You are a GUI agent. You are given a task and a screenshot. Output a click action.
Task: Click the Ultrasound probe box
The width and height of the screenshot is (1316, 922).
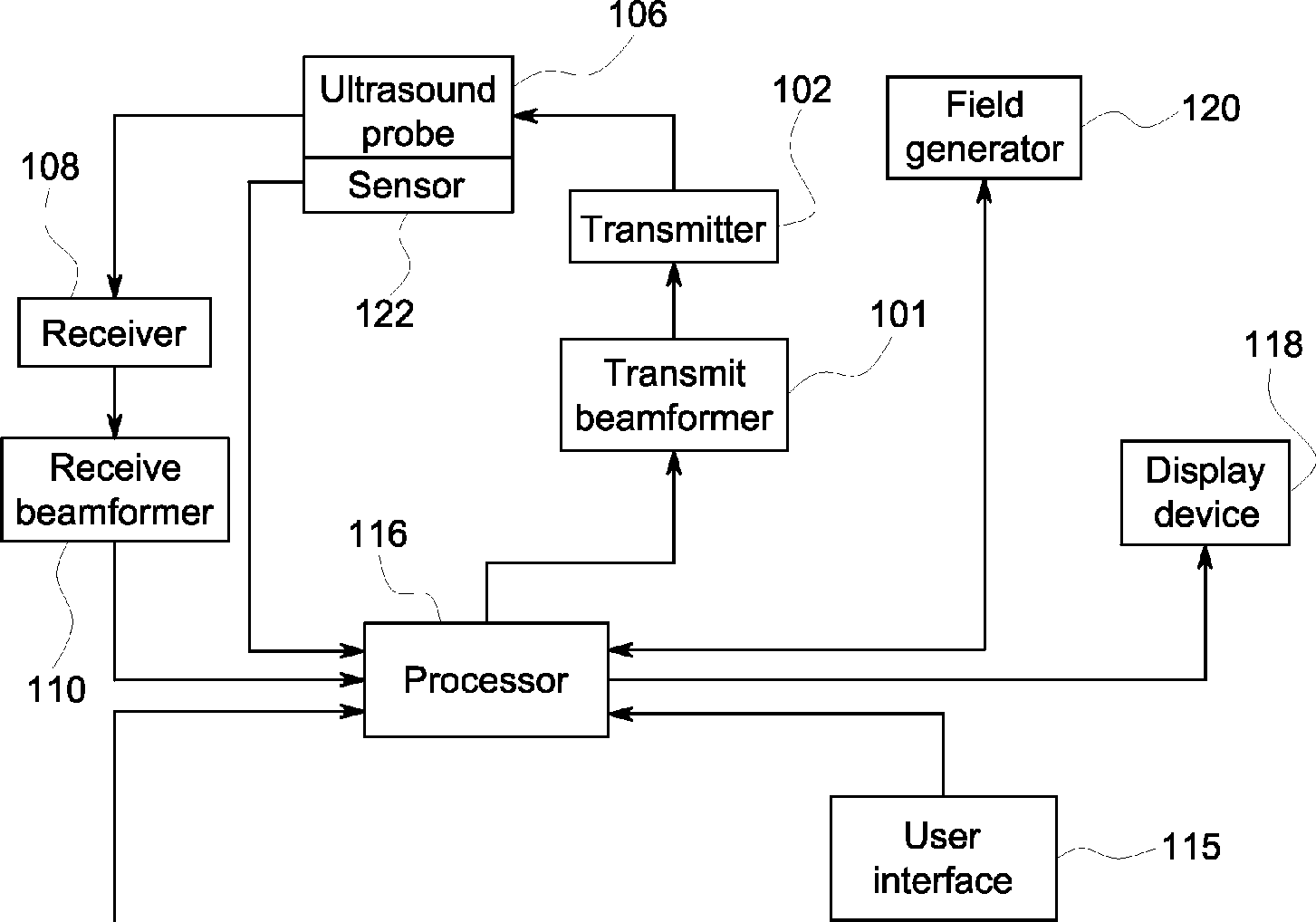tap(408, 107)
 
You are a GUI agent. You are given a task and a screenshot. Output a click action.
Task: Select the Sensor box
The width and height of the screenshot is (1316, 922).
tap(408, 185)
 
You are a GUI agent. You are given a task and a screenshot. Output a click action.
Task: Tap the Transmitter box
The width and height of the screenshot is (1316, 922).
tap(674, 226)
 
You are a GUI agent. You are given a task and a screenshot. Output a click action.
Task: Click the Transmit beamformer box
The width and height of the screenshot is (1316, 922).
tap(674, 395)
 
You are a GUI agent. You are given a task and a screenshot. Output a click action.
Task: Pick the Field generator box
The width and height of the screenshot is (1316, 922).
tap(985, 128)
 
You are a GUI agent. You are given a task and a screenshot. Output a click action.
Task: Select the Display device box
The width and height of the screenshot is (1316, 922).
tap(1205, 493)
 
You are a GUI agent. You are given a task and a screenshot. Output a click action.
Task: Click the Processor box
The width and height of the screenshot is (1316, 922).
tap(486, 680)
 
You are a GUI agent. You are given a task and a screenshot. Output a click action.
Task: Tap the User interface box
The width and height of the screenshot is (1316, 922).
tap(944, 858)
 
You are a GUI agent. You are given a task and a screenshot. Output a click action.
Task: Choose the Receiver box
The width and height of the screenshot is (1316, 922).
tap(114, 332)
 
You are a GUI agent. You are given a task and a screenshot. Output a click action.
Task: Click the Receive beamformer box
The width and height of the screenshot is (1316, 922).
tap(114, 489)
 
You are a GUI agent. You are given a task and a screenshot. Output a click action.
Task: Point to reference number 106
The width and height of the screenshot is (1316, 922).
tap(638, 14)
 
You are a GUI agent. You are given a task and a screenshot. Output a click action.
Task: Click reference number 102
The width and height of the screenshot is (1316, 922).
tap(802, 90)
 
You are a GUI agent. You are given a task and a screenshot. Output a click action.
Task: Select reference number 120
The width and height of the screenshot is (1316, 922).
tap(1211, 108)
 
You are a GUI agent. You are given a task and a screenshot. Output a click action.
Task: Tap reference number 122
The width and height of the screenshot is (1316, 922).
tap(385, 313)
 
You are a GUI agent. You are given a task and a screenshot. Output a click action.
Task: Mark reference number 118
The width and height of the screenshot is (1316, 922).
tap(1273, 344)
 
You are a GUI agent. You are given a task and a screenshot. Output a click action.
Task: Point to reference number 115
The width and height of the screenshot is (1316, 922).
tap(1191, 847)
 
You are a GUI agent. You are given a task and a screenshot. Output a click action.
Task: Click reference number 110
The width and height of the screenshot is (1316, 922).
tap(56, 689)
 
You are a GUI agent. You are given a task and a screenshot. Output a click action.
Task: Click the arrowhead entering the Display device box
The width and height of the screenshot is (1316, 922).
tap(1205, 557)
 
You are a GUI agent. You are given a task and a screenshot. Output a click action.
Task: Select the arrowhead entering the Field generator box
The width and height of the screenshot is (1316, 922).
tap(985, 191)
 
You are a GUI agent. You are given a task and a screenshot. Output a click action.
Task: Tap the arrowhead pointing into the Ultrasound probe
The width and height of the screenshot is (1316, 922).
tap(525, 116)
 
